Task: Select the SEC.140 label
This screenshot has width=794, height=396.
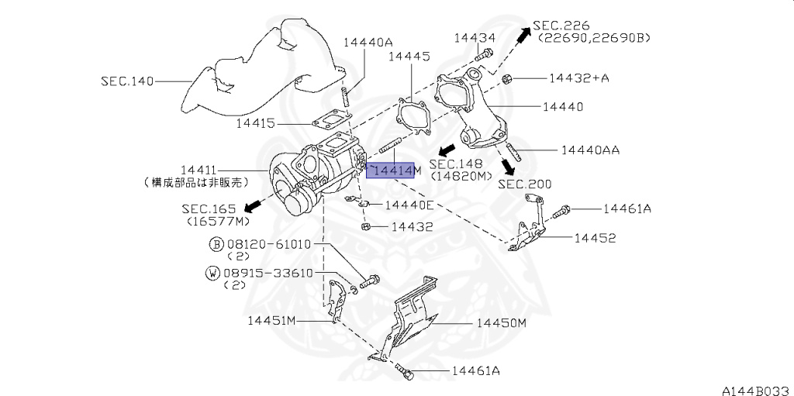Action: [127, 80]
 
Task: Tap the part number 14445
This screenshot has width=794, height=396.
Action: [409, 56]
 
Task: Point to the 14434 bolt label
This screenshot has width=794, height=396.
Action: [475, 37]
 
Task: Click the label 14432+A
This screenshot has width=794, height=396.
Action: [578, 78]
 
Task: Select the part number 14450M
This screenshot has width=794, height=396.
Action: [501, 323]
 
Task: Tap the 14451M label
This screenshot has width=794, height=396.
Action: [272, 320]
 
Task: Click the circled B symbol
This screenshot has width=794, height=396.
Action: [216, 244]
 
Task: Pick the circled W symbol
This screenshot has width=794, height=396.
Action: [212, 273]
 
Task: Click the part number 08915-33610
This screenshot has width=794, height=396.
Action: [268, 273]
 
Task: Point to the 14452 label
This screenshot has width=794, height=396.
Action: [595, 238]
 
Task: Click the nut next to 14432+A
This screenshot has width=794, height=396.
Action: [506, 78]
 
